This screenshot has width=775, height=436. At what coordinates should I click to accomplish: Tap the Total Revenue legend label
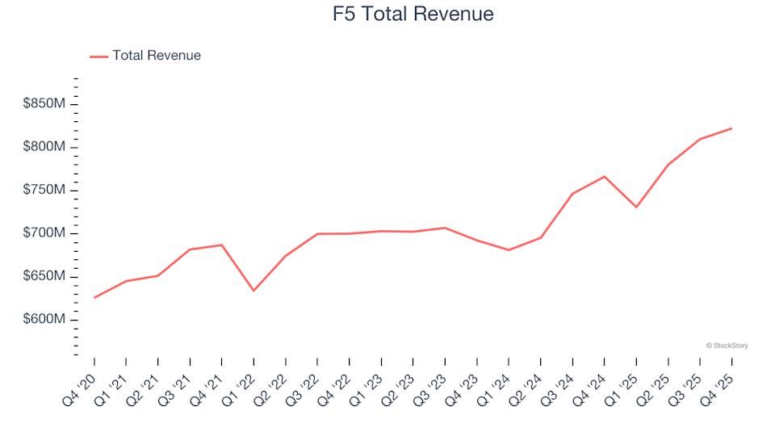point(157,56)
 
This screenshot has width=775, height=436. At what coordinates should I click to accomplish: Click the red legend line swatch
point(98,57)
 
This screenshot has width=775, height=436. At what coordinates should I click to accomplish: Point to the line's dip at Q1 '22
point(253,291)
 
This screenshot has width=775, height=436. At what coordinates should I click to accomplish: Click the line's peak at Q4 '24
point(605,176)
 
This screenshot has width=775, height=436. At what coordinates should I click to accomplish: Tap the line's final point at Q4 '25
point(731,128)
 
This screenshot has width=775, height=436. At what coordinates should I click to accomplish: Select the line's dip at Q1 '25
point(636,208)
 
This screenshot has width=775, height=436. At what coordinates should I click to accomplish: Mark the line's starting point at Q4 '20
point(94,298)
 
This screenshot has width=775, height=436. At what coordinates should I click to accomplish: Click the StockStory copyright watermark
point(727,346)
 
